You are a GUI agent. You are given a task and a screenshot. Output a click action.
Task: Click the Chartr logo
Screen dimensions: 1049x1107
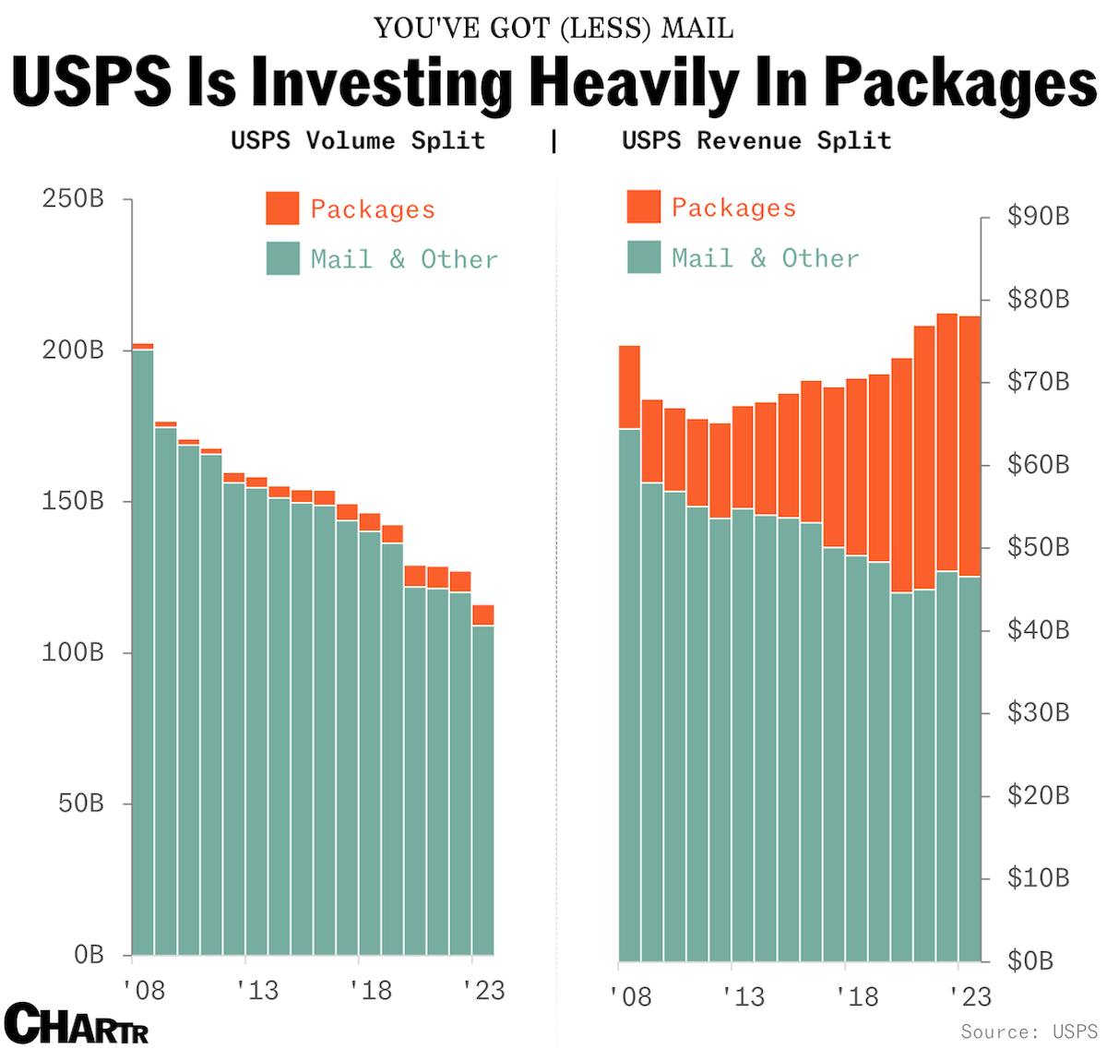77,1022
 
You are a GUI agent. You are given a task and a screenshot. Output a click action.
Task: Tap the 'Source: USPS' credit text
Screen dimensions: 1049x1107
1029,1031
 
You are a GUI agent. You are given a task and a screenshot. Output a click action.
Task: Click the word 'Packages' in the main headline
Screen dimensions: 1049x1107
959,83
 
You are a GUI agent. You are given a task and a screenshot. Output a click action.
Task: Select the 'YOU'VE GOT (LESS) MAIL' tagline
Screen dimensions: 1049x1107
553,29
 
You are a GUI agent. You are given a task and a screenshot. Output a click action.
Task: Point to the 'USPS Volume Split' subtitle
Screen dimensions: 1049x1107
357,140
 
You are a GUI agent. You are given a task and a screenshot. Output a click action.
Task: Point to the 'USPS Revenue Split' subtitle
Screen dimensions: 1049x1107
756,140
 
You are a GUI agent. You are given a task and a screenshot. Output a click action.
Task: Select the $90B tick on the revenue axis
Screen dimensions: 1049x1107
1038,216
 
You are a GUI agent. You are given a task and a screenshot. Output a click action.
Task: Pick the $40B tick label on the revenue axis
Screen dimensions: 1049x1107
1038,630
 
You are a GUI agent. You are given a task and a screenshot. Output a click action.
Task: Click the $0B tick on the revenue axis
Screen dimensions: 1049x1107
1030,960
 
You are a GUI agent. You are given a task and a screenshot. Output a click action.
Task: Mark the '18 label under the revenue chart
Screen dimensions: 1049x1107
857,995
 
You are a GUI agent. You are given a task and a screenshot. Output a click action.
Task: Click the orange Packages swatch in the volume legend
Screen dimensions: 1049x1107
282,209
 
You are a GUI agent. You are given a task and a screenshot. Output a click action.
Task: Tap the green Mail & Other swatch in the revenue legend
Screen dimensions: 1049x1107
644,257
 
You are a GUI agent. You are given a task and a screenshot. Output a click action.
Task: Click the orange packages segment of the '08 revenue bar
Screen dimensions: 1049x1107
629,387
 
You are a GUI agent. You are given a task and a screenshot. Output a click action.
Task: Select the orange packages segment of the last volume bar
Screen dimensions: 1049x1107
482,615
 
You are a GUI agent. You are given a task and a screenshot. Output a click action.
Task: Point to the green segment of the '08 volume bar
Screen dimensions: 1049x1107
143,646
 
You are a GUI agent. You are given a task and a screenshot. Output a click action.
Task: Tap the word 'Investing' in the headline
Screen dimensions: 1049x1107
382,83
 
